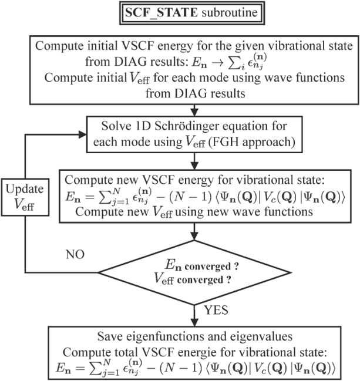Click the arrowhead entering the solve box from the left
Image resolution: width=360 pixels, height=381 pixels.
coord(86,135)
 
